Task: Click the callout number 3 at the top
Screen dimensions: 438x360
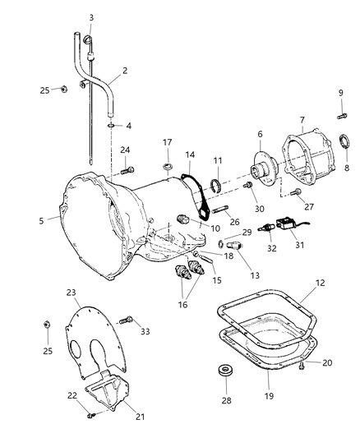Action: coord(91,18)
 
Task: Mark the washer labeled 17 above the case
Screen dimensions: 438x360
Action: coord(168,169)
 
